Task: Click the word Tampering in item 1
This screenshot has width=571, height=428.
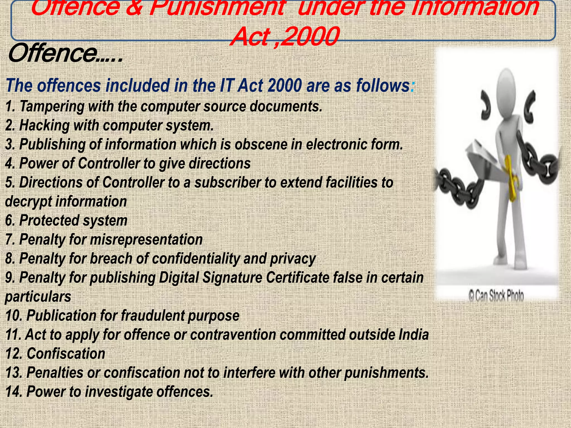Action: click(x=52, y=107)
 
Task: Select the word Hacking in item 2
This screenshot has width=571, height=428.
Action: click(x=44, y=125)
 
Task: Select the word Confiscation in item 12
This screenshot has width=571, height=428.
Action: click(x=66, y=354)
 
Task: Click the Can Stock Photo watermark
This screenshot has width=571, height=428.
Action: click(x=496, y=296)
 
